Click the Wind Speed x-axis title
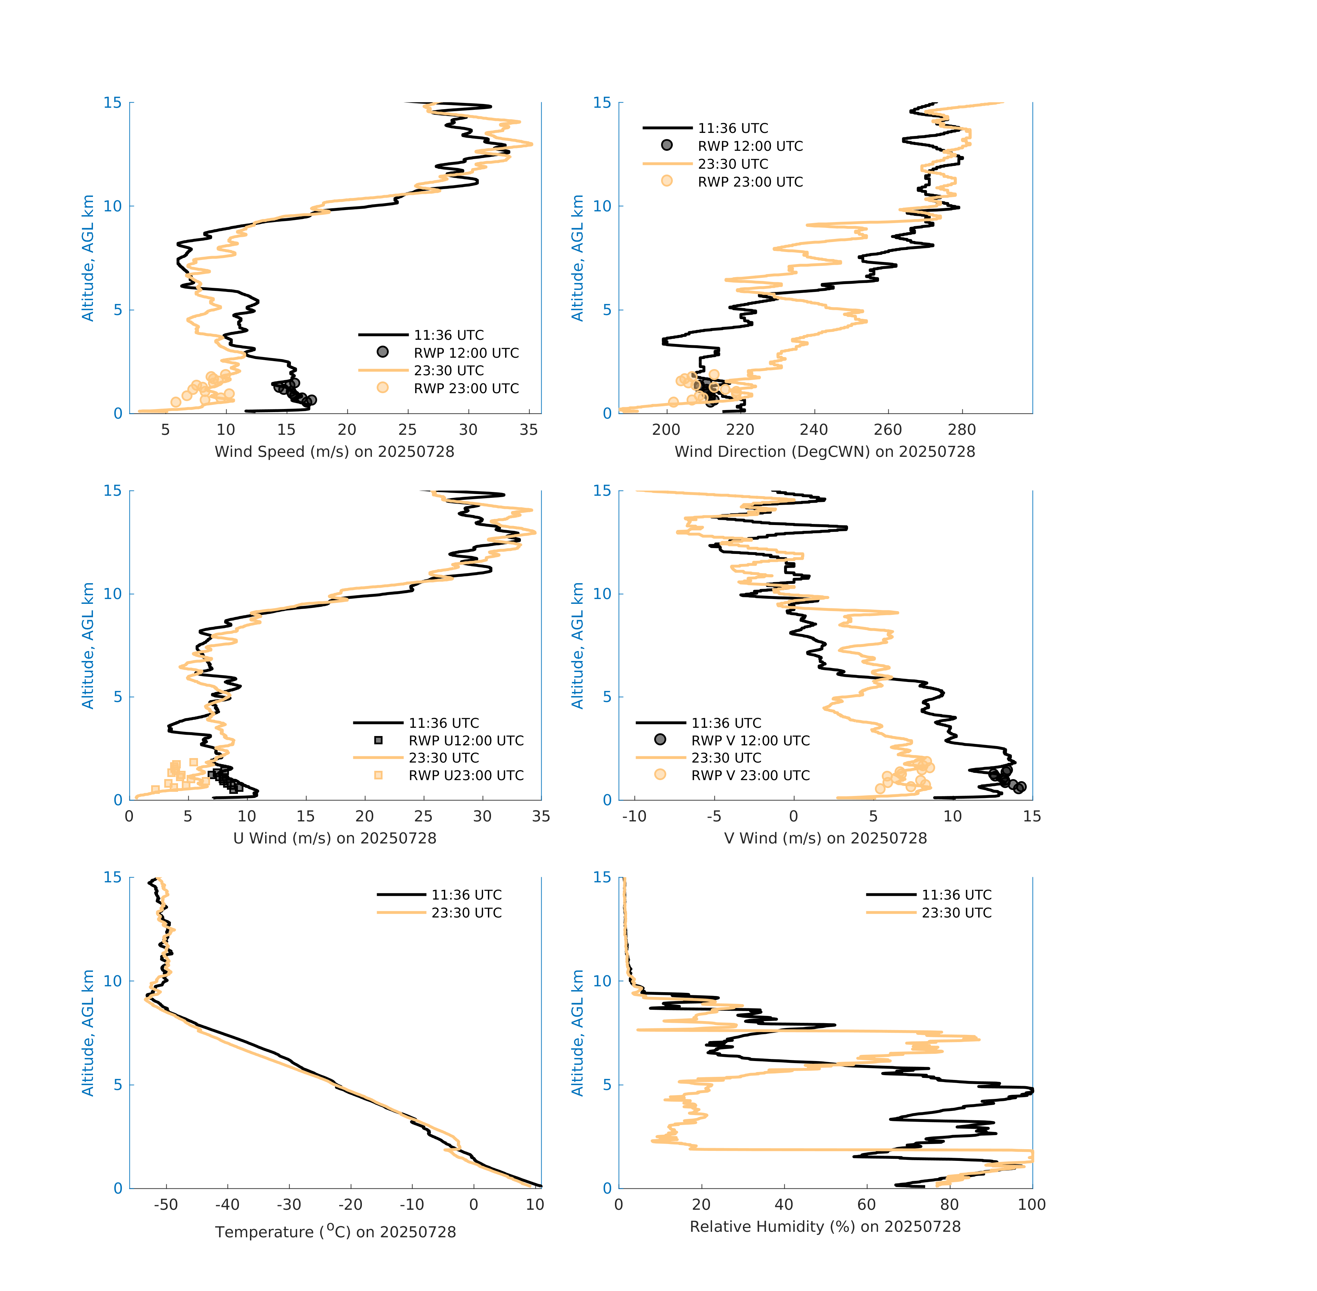(334, 452)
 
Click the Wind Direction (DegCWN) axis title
(825, 452)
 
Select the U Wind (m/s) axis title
(334, 838)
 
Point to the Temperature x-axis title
(335, 1231)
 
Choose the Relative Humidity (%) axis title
(825, 1226)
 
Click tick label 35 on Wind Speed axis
(528, 430)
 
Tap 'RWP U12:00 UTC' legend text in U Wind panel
(466, 741)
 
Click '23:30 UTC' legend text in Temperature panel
(467, 913)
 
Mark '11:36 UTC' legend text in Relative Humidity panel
(956, 895)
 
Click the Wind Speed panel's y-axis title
(88, 258)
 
